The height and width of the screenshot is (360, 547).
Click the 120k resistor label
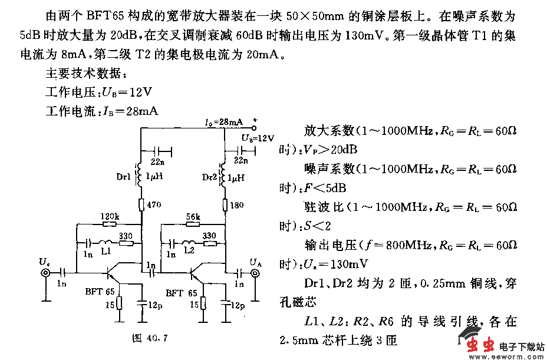[x=110, y=217]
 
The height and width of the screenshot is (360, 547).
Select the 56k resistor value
[x=193, y=217]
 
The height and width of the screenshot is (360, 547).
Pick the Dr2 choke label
[x=209, y=177]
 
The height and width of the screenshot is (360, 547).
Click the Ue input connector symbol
[x=45, y=273]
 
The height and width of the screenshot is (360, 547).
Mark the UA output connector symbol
[x=255, y=273]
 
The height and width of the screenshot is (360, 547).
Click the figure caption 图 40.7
[x=151, y=338]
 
